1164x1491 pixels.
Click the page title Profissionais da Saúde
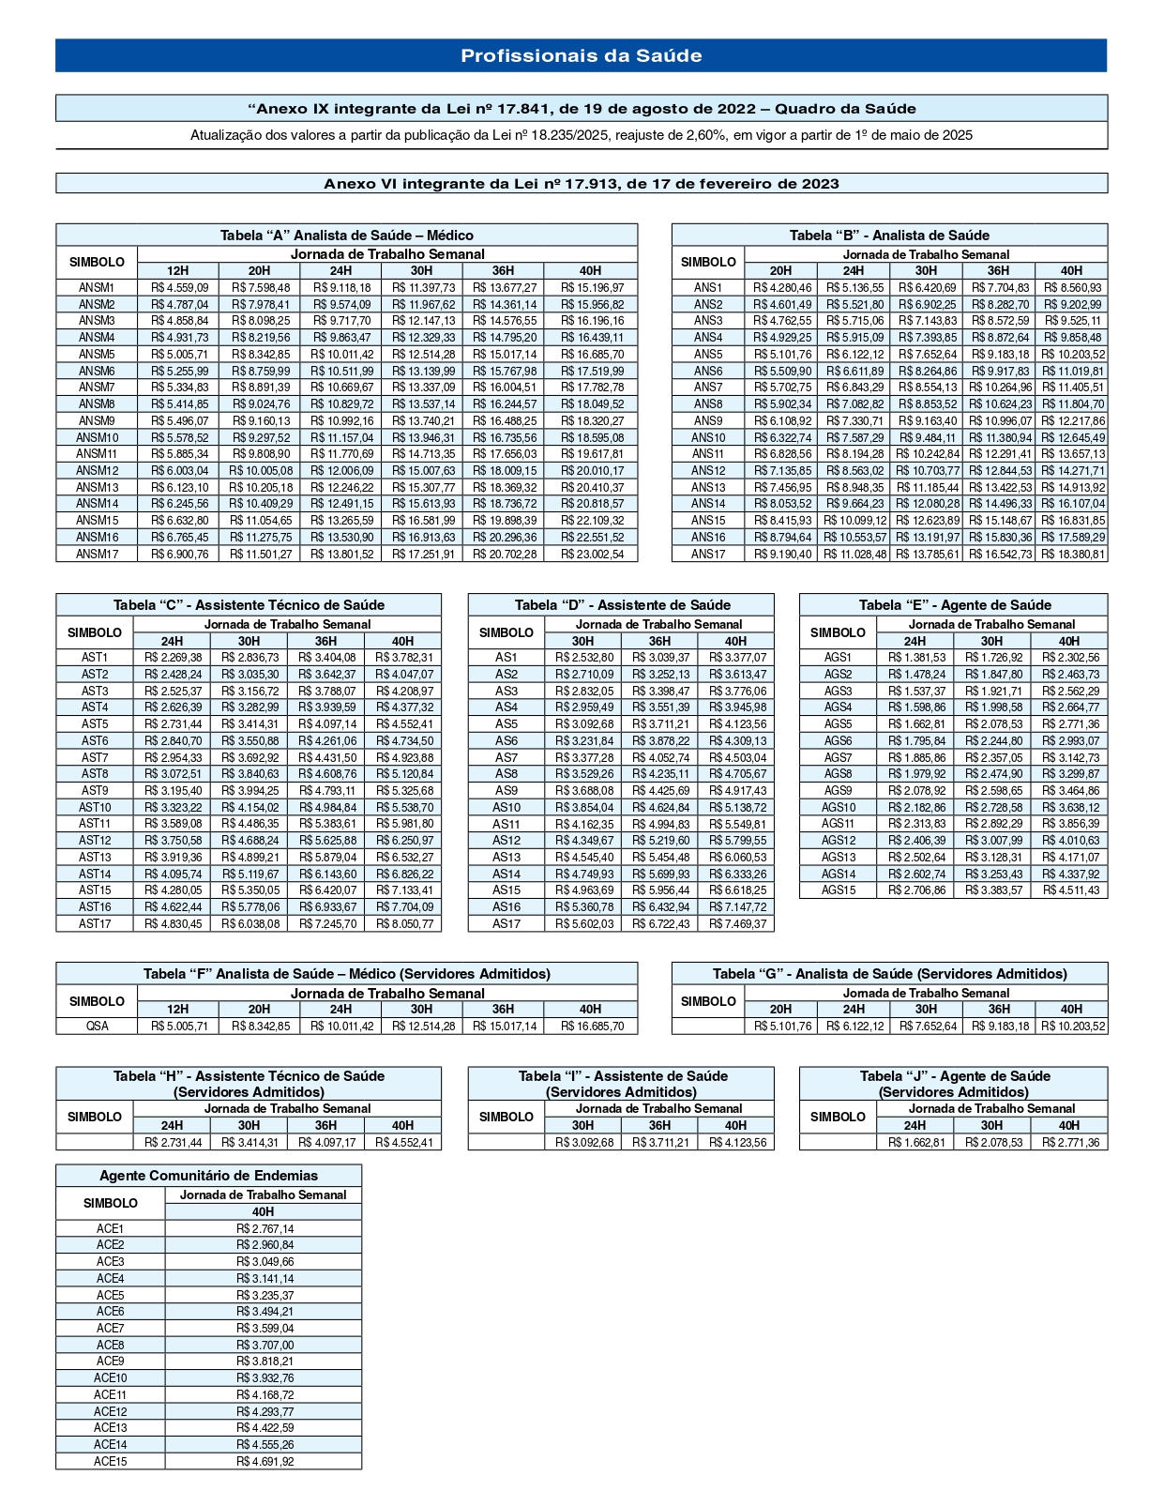(x=581, y=55)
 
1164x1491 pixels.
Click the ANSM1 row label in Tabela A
(x=97, y=288)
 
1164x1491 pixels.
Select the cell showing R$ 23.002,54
(x=592, y=555)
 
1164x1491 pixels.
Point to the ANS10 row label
(x=708, y=438)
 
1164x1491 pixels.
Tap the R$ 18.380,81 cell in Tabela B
(x=1073, y=555)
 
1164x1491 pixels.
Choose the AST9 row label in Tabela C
(x=95, y=791)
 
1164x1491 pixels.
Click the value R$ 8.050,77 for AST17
(x=404, y=924)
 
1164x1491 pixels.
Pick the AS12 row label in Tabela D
(x=506, y=841)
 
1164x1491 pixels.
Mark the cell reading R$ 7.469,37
(x=737, y=924)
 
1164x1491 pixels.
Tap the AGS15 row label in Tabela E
(x=839, y=890)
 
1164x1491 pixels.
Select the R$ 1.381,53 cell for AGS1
(x=916, y=658)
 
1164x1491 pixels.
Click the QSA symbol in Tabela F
(x=97, y=1027)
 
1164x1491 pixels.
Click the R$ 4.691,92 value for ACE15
(x=265, y=1462)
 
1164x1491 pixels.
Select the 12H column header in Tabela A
(x=177, y=271)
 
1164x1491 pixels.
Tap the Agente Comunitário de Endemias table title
(x=208, y=1176)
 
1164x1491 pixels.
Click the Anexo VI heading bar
(x=581, y=184)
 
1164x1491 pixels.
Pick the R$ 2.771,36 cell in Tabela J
(x=1070, y=1143)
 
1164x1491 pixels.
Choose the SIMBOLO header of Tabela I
(x=506, y=1117)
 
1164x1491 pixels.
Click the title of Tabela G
(x=889, y=974)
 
